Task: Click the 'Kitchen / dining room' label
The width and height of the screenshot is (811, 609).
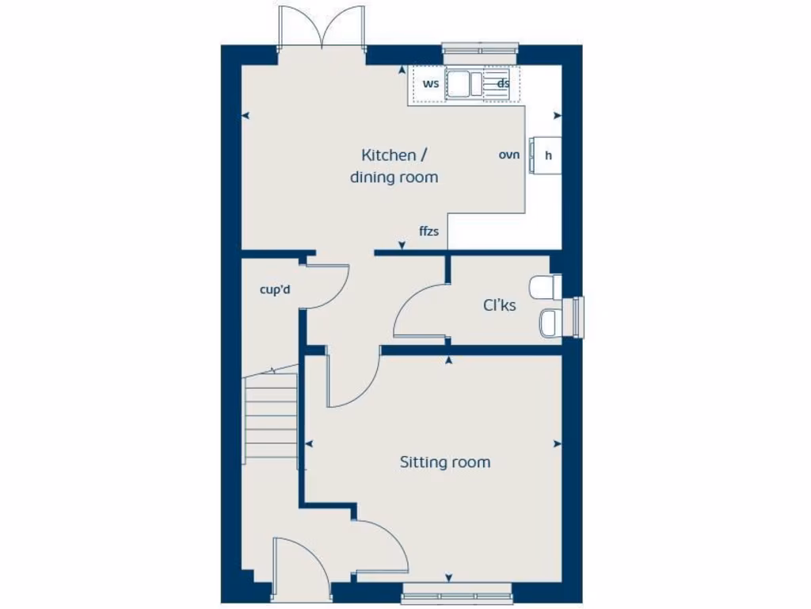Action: (x=394, y=166)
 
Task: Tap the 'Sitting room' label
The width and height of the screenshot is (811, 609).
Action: (x=444, y=462)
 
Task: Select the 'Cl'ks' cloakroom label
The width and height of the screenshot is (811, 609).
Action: (x=499, y=304)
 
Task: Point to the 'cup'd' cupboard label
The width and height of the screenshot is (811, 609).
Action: (x=275, y=289)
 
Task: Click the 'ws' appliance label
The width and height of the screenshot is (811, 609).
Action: (x=430, y=83)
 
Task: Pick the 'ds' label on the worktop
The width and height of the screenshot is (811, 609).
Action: (x=503, y=83)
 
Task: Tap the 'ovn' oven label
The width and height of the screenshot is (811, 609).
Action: (x=509, y=155)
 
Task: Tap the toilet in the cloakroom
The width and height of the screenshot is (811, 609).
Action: (x=546, y=287)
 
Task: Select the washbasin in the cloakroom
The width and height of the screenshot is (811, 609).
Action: (x=550, y=322)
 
